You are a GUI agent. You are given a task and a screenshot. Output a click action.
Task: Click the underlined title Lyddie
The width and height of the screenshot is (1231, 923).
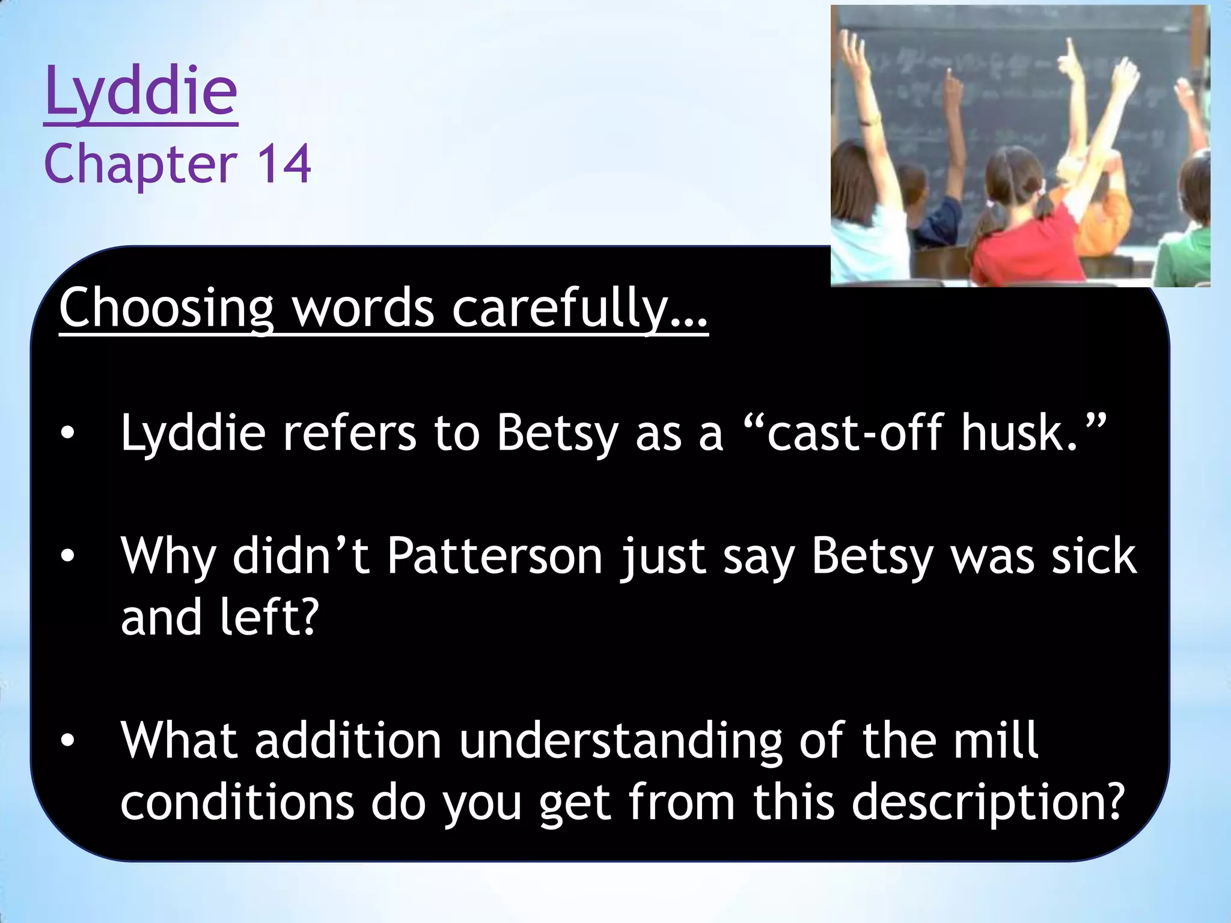coord(141,93)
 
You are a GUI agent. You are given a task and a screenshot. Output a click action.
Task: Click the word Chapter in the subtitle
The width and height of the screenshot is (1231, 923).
coord(141,165)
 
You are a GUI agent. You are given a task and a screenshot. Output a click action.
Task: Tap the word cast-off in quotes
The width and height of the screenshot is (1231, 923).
coord(854,432)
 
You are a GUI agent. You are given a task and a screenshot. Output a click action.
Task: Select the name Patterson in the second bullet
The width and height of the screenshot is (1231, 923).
coord(494,556)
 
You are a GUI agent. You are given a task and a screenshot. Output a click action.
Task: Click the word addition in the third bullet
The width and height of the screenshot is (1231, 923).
coord(349,740)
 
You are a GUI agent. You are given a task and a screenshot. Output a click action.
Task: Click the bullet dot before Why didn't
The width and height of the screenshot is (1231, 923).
coord(67,556)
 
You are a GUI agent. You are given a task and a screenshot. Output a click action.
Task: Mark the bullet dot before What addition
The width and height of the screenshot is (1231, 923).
coord(67,741)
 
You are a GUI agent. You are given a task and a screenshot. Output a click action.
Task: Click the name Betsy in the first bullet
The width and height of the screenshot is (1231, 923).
coord(557,432)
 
